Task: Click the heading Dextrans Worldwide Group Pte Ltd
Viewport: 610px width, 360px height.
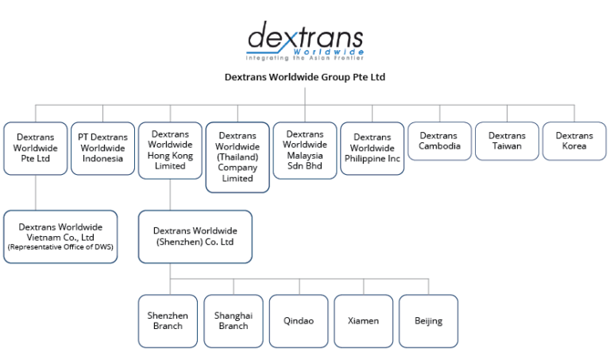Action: pos(305,77)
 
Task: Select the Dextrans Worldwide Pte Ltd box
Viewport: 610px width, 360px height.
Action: pos(36,148)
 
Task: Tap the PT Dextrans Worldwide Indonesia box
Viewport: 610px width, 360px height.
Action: pos(102,148)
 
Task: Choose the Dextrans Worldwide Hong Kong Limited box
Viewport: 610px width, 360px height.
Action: pos(170,149)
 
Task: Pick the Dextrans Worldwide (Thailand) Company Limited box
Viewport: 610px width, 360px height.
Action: pos(237,157)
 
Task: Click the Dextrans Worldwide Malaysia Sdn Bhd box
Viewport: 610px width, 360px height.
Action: pos(304,149)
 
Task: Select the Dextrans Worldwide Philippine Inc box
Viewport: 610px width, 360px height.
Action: pos(372,148)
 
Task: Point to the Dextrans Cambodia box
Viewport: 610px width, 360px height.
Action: pos(438,141)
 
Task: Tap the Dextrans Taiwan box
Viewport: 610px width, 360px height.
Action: pos(506,141)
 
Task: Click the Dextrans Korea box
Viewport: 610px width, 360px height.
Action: pos(573,141)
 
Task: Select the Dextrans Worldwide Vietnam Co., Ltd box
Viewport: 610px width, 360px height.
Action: pos(60,236)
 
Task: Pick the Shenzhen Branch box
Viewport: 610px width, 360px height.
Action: pos(168,321)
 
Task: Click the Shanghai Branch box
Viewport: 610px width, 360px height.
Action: pos(233,321)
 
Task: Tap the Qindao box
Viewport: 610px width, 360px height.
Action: pos(298,321)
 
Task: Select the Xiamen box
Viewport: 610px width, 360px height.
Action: pos(363,321)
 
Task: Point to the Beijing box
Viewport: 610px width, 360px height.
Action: pos(428,321)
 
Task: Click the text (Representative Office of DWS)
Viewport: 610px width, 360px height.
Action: pos(60,247)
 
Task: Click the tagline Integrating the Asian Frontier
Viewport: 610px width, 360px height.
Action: pos(305,59)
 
